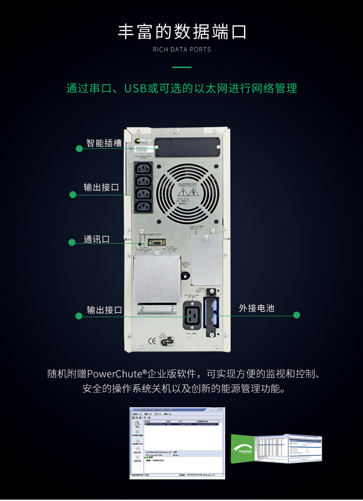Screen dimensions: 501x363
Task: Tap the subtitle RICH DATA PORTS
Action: (x=181, y=50)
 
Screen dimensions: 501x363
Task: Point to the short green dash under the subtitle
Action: (x=181, y=68)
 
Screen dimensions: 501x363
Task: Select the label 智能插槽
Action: (x=104, y=143)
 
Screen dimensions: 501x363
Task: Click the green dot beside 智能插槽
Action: (x=79, y=148)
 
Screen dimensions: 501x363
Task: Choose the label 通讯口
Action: (x=96, y=239)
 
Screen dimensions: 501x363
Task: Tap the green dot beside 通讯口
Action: (x=72, y=242)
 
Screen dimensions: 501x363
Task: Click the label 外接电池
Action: (x=256, y=308)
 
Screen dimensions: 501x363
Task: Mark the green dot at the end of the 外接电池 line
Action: (x=296, y=315)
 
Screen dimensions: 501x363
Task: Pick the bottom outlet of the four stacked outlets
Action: (x=143, y=206)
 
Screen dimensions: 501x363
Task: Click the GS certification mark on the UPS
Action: (x=166, y=342)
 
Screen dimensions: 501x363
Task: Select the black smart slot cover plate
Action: (x=187, y=148)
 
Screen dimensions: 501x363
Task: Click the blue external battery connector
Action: (x=210, y=313)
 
